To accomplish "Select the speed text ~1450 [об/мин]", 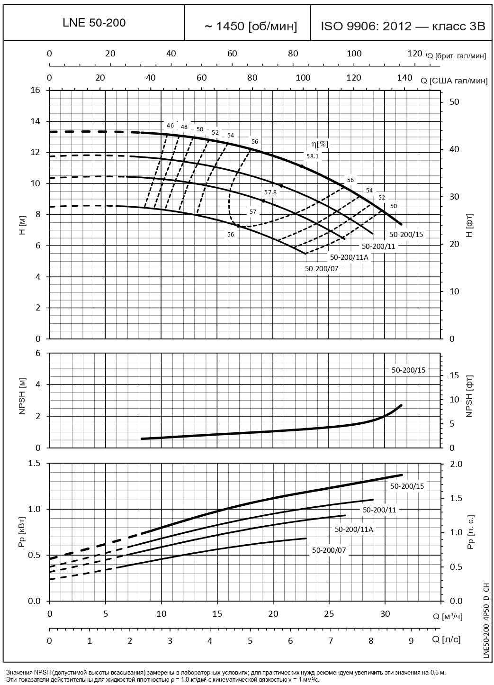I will tap(251, 27).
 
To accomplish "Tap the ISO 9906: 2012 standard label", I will tap(403, 27).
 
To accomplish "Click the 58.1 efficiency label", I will tap(313, 155).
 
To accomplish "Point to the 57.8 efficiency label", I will tap(270, 192).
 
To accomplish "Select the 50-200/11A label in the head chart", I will tap(349, 257).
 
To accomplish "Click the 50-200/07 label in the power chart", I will tap(329, 550).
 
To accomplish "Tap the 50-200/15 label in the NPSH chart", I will tap(408, 370).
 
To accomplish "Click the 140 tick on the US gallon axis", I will tap(404, 78).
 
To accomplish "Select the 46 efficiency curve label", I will tap(171, 126).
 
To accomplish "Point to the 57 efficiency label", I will tap(252, 212).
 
